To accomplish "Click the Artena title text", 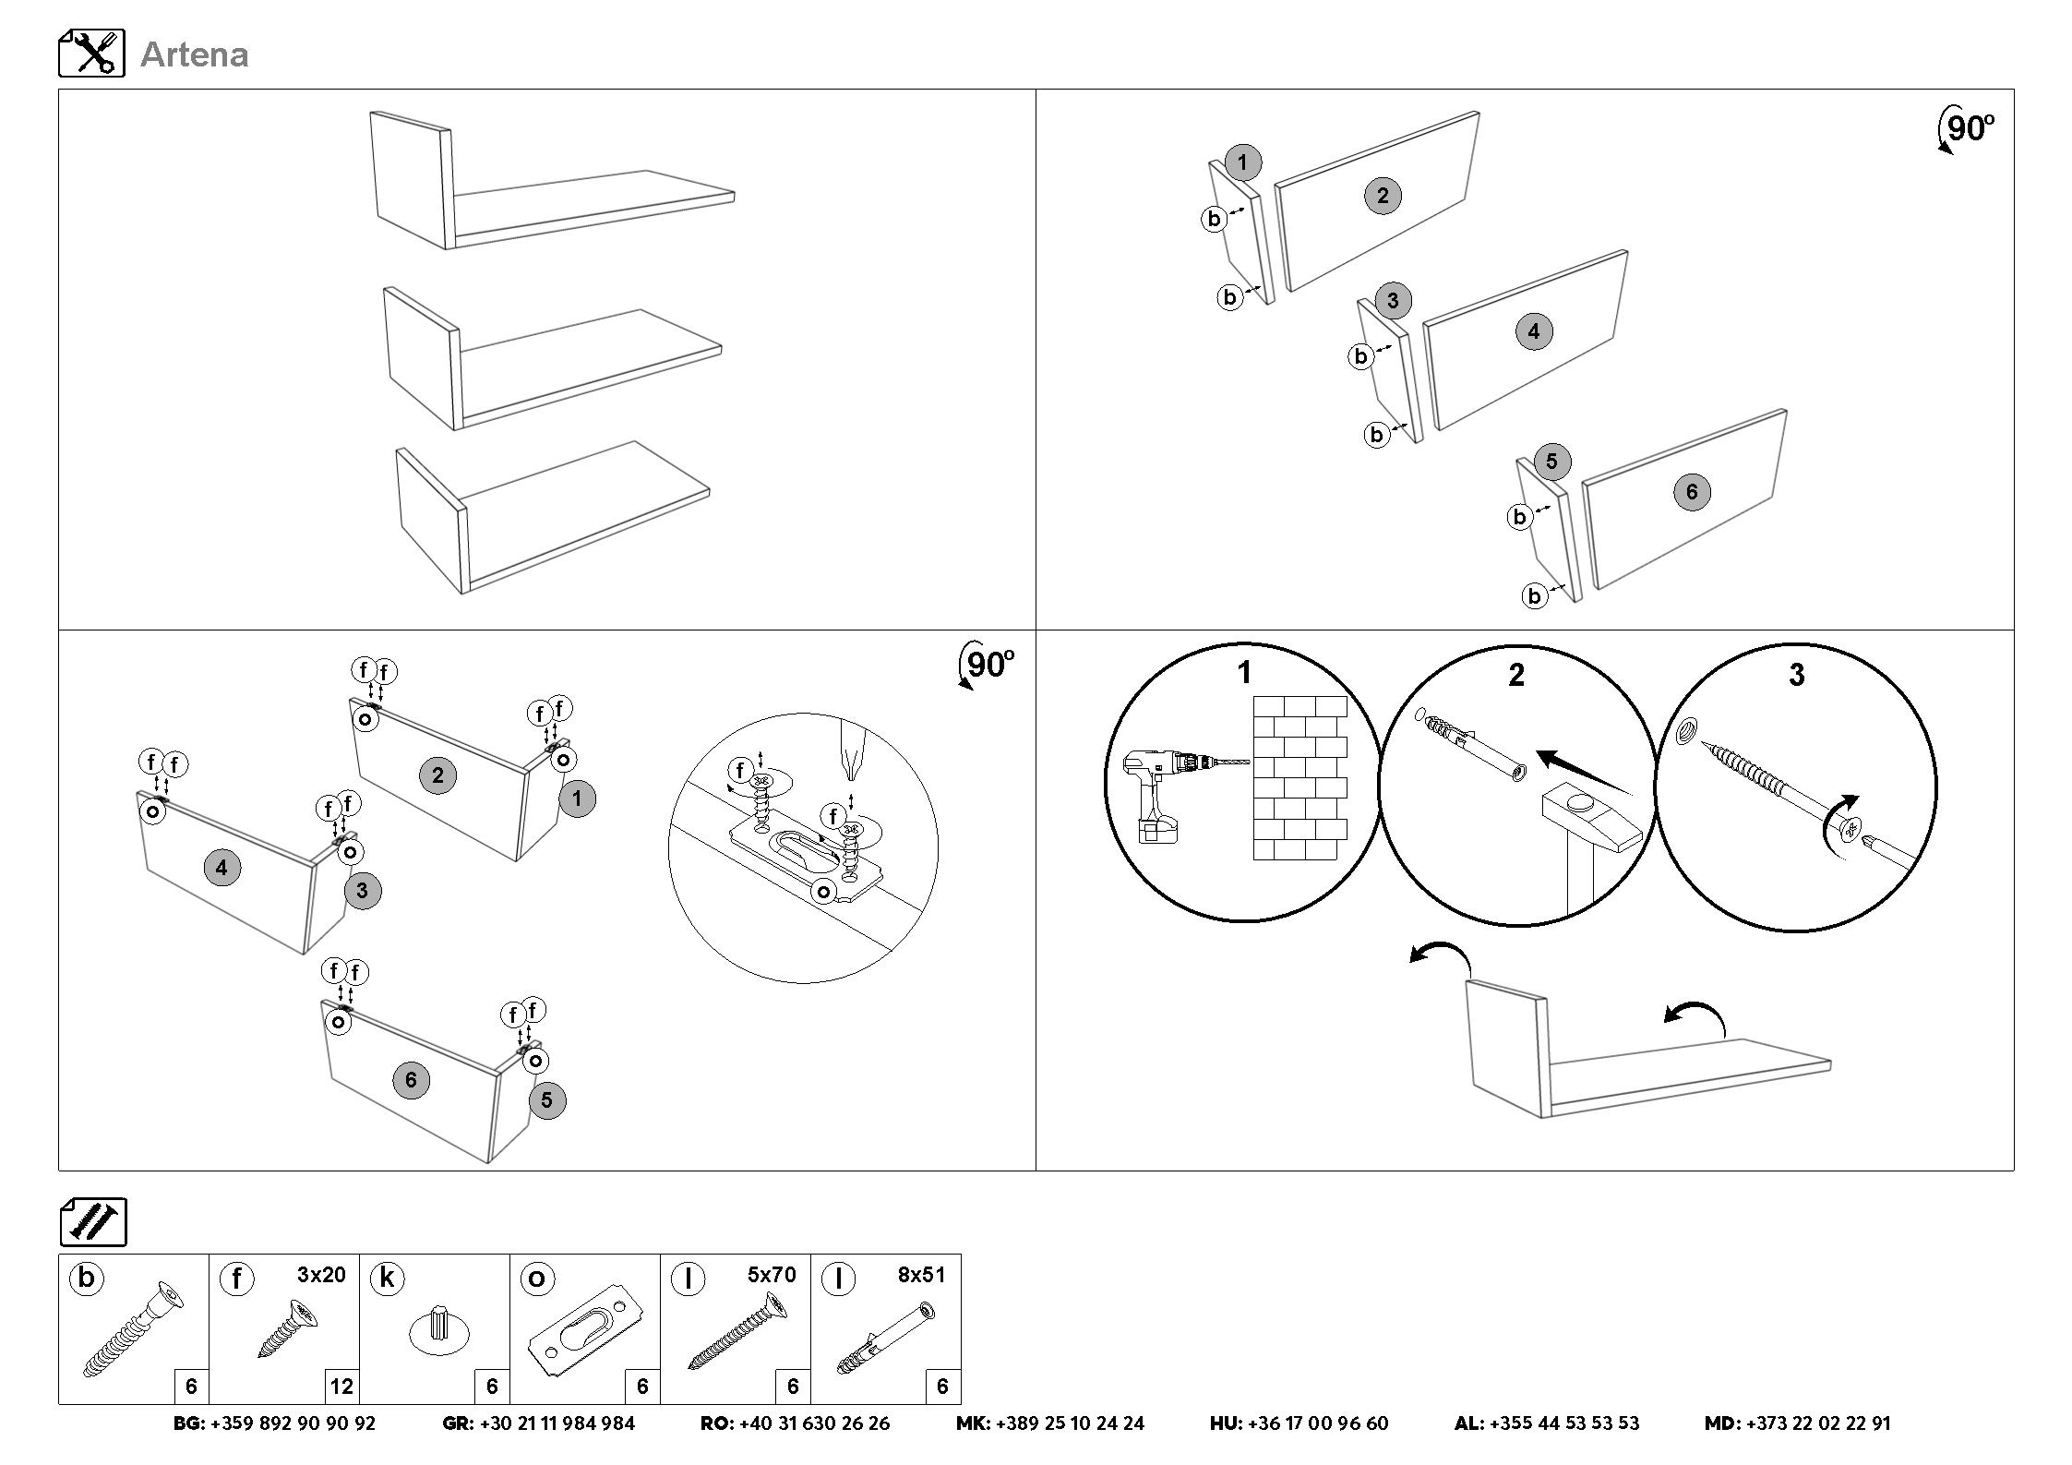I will tap(194, 54).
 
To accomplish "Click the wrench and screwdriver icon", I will tap(91, 54).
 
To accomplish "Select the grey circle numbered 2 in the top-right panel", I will tap(1382, 196).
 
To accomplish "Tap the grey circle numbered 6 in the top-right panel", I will tap(1691, 492).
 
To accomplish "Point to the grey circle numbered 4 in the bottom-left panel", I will tap(222, 868).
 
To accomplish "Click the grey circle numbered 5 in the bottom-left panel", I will tap(546, 1100).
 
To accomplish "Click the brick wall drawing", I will tap(1299, 778).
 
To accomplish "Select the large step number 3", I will tap(1796, 676).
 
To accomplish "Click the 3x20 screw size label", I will tap(321, 1275).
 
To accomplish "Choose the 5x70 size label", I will tap(772, 1275).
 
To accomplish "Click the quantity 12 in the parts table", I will tap(341, 1386).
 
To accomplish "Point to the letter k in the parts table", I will tap(387, 1279).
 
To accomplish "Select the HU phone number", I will tap(1317, 1423).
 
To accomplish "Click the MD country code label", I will tap(1722, 1423).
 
